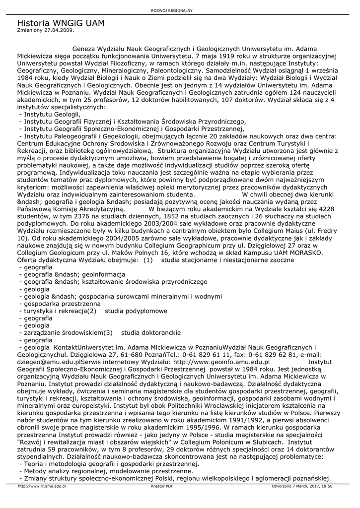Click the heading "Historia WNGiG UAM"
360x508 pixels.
61,23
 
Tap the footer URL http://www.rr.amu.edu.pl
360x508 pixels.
42,486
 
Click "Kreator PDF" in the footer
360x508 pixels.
162,486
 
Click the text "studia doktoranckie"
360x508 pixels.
151,332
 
